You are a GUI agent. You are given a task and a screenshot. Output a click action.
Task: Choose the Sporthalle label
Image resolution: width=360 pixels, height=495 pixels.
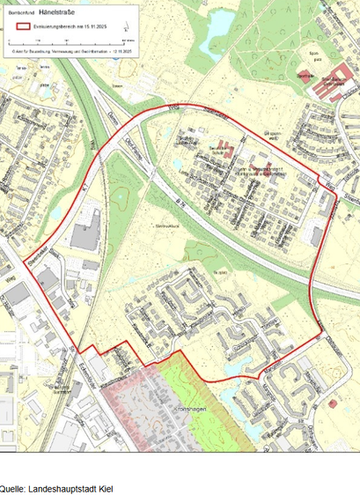point(305,77)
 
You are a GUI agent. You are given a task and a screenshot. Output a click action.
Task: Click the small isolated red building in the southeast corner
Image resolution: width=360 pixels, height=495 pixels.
point(333,403)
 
